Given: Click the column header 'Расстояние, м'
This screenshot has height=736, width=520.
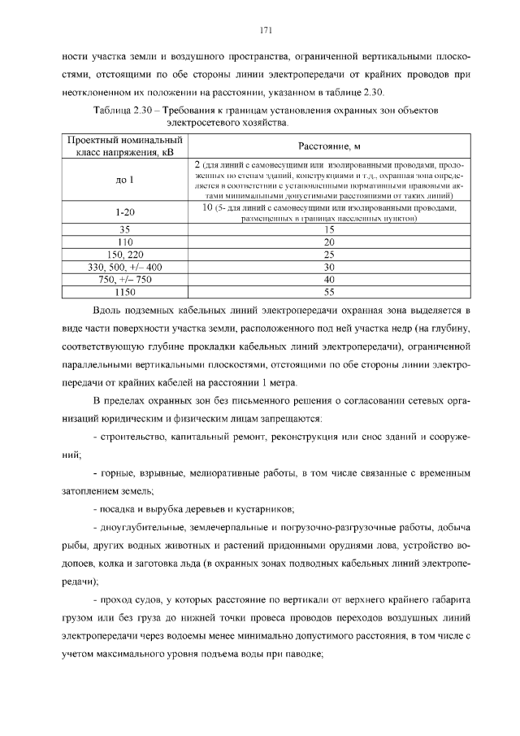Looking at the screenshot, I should (328, 146).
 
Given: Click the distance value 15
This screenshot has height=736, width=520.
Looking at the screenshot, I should (329, 230).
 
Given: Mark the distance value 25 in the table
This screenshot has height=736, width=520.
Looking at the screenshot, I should (329, 255).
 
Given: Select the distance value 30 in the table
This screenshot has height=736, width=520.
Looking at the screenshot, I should (329, 267).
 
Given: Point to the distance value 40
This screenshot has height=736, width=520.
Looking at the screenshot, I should (329, 279).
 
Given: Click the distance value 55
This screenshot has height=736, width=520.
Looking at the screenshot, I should (329, 291).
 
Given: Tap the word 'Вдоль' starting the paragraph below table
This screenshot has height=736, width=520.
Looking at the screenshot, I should (110, 311).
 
